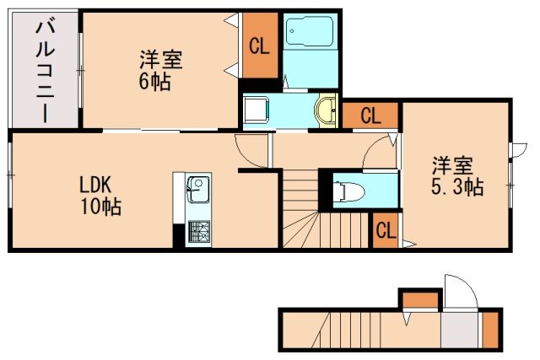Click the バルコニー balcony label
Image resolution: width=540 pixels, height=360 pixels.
tap(45, 72)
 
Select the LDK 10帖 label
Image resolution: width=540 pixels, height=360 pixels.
tap(100, 196)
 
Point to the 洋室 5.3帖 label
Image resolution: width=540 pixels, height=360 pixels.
tap(457, 176)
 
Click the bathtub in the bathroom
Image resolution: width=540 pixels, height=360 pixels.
tap(310, 32)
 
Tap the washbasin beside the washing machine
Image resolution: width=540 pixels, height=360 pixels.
tap(326, 110)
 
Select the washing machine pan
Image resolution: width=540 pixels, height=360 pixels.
tap(256, 110)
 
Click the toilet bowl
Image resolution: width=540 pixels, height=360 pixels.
tap(348, 191)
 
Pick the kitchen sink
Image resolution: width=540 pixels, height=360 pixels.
tap(197, 190)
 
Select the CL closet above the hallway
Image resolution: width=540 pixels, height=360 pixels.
tap(370, 116)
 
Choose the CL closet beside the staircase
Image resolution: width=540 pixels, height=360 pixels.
tap(386, 230)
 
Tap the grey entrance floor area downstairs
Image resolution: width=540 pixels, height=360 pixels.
tap(459, 330)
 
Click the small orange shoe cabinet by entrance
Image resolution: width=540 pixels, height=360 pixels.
tap(490, 330)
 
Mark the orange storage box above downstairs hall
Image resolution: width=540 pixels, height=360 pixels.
tap(420, 299)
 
